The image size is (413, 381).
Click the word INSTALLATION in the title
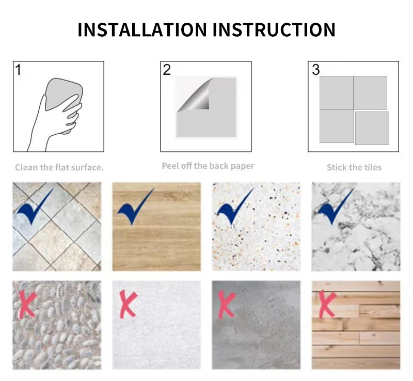point(142,29)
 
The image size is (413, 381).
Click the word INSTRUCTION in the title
point(274,29)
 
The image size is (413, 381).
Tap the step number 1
point(18,70)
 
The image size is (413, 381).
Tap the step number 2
point(167,70)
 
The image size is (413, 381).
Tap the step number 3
point(316,70)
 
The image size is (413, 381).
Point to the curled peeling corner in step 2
point(196,96)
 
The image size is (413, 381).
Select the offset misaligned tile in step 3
point(372,128)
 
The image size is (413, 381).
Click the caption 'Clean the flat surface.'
point(59,167)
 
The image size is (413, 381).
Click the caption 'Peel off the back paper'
point(208,166)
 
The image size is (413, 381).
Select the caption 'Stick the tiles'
point(354,167)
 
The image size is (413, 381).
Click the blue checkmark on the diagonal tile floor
point(35,207)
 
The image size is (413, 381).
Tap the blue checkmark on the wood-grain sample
point(135,207)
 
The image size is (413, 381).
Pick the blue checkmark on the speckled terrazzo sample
point(235,207)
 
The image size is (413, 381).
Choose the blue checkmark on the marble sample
point(335,207)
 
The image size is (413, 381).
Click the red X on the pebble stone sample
point(28,304)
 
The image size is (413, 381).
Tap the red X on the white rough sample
point(128,304)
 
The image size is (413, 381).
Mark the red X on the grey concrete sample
point(227,304)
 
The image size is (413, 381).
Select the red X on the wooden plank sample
point(327,304)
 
